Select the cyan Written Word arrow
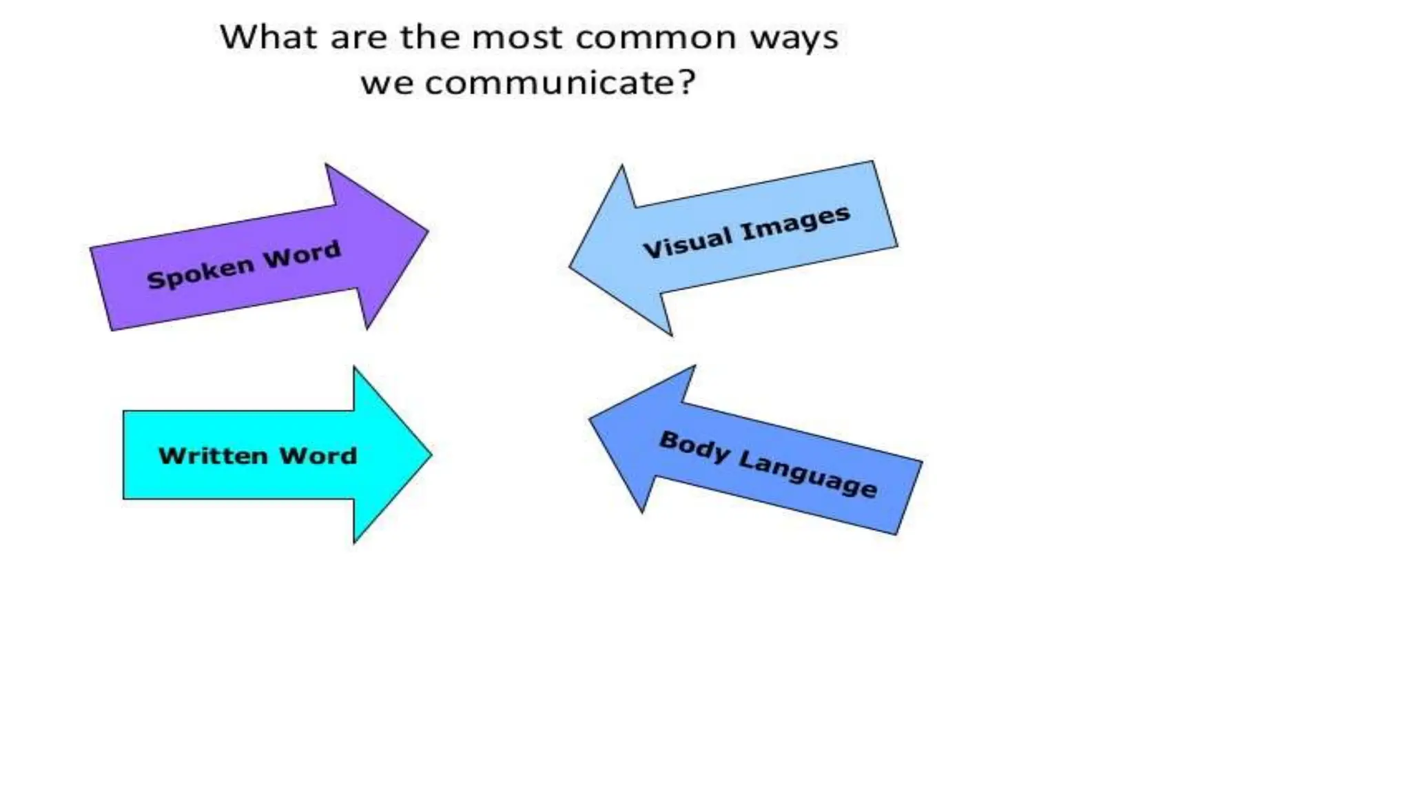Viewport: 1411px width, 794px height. (x=276, y=455)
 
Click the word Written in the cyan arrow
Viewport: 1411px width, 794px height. (x=213, y=456)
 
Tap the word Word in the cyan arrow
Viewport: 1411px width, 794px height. (x=318, y=456)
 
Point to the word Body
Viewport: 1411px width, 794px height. (x=694, y=447)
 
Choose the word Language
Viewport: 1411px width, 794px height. (x=807, y=474)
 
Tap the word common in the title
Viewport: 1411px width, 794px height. (x=655, y=38)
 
